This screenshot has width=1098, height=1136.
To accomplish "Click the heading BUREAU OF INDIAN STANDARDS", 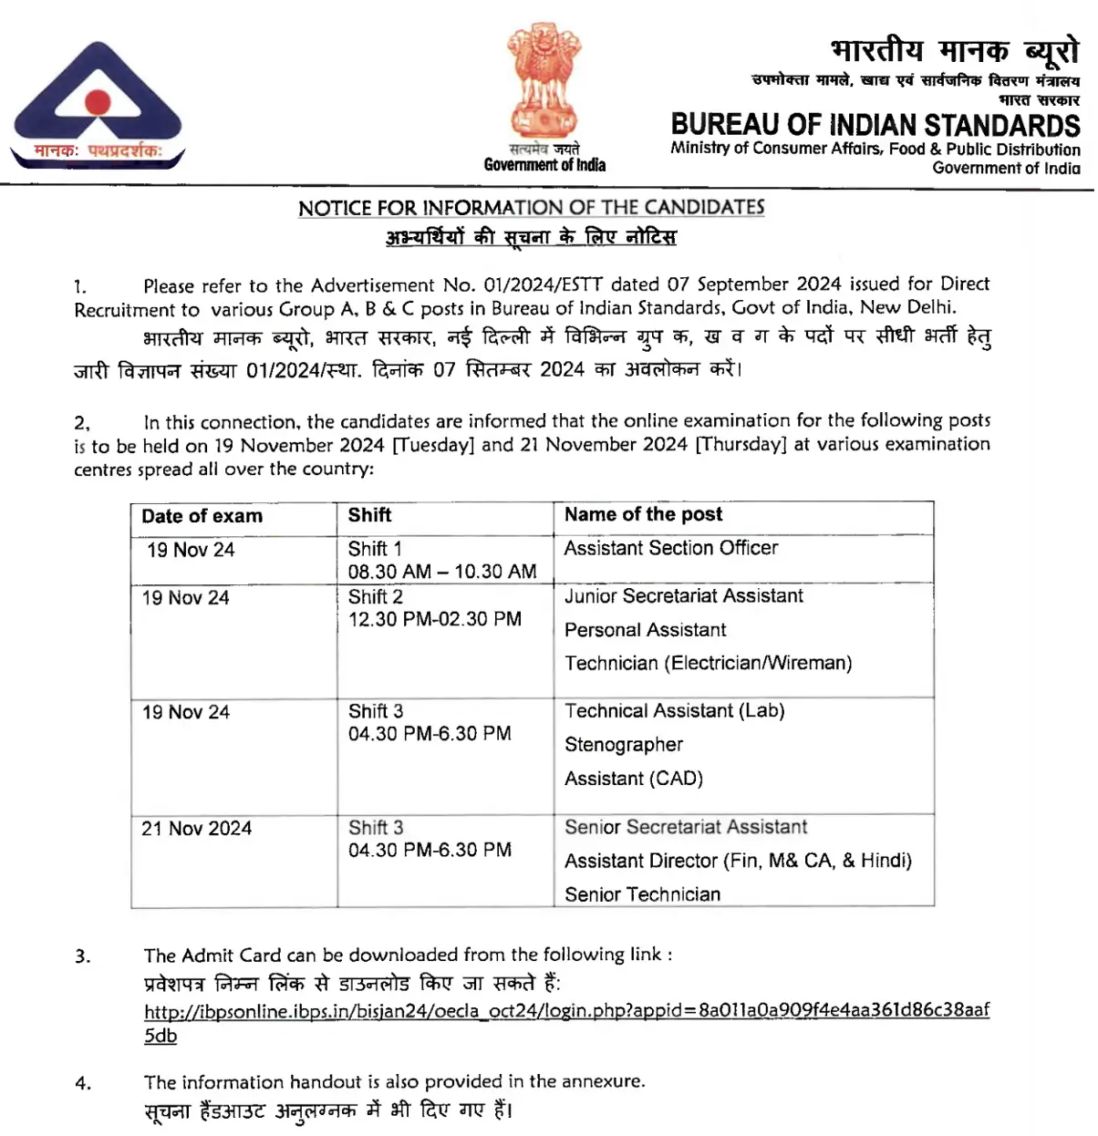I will pyautogui.click(x=875, y=125).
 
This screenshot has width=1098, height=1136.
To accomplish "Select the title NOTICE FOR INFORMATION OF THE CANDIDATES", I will pyautogui.click(x=531, y=208).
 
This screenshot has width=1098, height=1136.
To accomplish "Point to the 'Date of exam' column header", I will pyautogui.click(x=202, y=517).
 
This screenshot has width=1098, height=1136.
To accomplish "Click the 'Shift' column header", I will pyautogui.click(x=369, y=515).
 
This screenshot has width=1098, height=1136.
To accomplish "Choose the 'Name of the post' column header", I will pyautogui.click(x=643, y=515).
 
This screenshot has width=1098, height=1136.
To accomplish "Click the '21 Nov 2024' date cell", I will pyautogui.click(x=196, y=829).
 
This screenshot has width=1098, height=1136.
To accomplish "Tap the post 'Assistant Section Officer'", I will pyautogui.click(x=670, y=549).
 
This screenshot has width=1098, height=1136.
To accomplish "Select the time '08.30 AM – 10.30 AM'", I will pyautogui.click(x=441, y=572).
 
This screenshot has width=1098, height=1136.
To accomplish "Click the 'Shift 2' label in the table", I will pyautogui.click(x=375, y=597).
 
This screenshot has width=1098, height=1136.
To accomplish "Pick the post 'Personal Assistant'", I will pyautogui.click(x=645, y=630).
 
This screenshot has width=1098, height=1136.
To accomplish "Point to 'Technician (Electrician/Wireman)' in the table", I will pyautogui.click(x=708, y=664).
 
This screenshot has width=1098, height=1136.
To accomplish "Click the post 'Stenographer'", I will pyautogui.click(x=623, y=745).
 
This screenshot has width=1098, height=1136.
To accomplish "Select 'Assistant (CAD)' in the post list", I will pyautogui.click(x=633, y=780).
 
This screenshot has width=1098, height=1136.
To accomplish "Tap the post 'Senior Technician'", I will pyautogui.click(x=642, y=894).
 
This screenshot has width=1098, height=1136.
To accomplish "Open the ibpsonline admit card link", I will pyautogui.click(x=565, y=1011).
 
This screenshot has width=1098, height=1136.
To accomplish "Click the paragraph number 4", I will pyautogui.click(x=83, y=1083).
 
